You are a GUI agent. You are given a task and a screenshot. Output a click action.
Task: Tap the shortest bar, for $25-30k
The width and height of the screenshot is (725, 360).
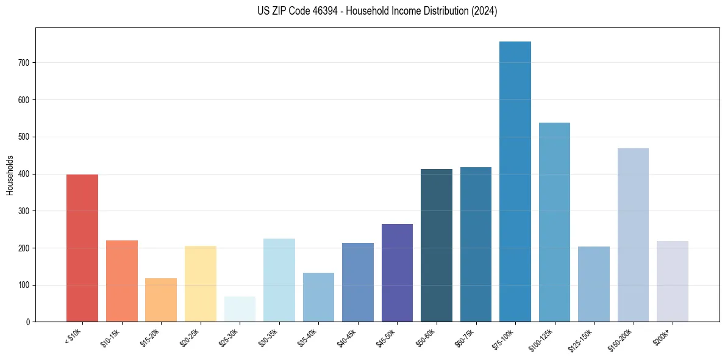239,309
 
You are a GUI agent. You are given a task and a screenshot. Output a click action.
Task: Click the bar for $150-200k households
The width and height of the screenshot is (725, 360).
633,235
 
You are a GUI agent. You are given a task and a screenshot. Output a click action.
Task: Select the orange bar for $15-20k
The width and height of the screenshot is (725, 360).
160,300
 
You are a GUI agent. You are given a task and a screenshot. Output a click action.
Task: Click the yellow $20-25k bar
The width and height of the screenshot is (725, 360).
200,284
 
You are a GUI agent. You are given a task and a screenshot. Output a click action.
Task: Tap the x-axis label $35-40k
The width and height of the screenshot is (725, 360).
308,337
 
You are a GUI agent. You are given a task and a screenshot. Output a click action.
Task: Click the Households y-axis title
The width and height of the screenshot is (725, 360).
10,175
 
